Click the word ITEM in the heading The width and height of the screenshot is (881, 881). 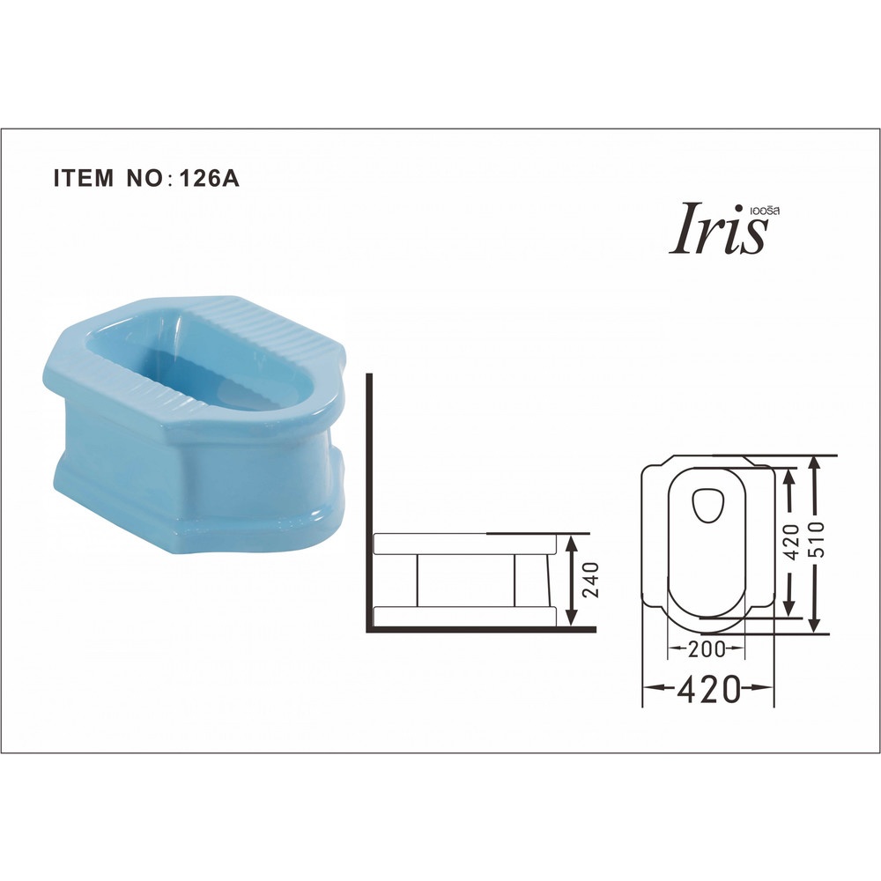point(83,178)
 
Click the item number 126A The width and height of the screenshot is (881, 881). point(209,178)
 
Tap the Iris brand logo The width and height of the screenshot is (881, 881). point(719,229)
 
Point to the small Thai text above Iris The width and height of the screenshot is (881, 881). point(765,211)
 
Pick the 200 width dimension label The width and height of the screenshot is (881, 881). point(707,649)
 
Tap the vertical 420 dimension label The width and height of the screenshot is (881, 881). point(791,542)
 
